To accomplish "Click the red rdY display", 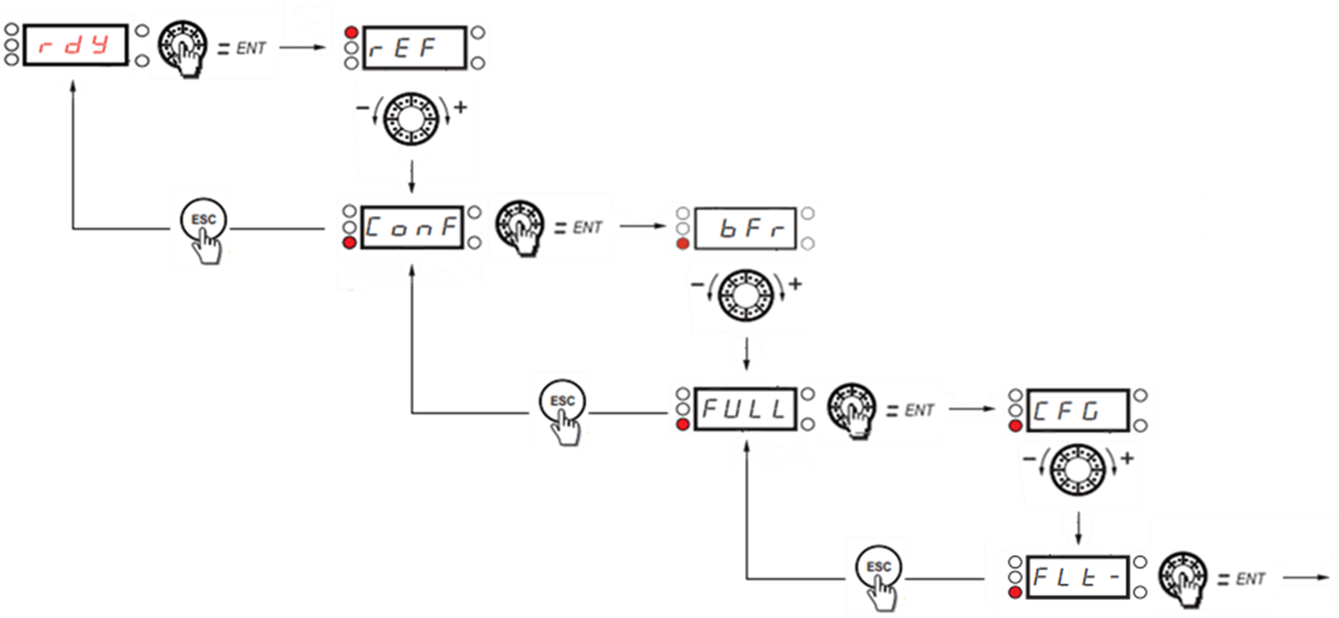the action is (75, 44).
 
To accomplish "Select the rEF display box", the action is (414, 48).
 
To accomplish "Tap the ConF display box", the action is (412, 228).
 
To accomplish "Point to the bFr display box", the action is (746, 228).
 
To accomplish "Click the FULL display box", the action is (746, 409).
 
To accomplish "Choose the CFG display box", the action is (1077, 410).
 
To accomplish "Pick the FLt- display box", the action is (1077, 577).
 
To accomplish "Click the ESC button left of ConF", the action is (203, 221).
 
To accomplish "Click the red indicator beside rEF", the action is (352, 33).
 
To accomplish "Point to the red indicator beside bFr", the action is (682, 243).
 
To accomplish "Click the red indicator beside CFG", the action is (1015, 426).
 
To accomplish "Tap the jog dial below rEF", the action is (411, 118).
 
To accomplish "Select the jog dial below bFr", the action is (746, 295).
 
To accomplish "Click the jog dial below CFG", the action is (1077, 470).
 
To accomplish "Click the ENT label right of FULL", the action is (919, 411).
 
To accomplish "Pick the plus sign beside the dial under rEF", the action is (461, 107).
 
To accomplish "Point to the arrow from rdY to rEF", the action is (303, 47).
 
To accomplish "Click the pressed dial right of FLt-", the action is (1183, 577).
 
